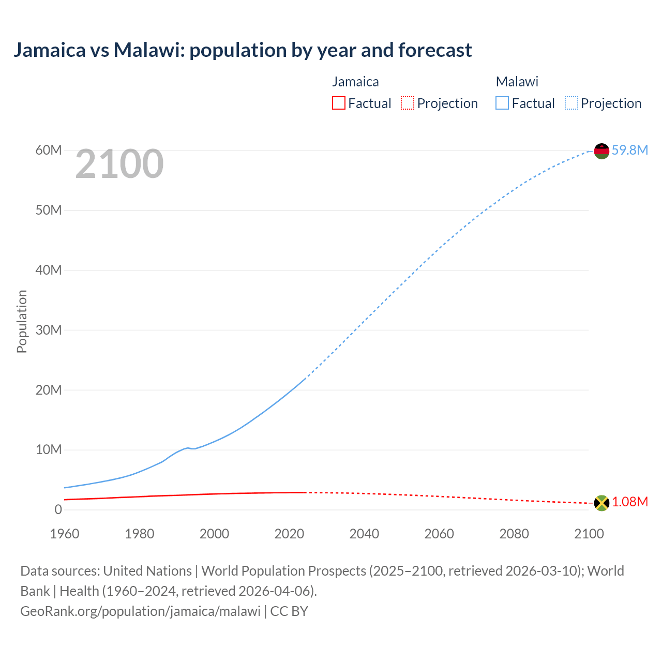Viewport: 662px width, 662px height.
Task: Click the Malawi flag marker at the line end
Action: (601, 151)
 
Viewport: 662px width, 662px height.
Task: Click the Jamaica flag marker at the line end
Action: (601, 503)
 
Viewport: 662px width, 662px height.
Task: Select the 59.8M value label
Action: (629, 150)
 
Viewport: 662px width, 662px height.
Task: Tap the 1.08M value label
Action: (630, 502)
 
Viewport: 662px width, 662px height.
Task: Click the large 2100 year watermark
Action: (119, 164)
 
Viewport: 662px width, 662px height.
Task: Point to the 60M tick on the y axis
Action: (49, 151)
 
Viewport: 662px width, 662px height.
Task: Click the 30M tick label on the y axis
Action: (49, 330)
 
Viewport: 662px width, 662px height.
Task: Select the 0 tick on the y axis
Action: (58, 509)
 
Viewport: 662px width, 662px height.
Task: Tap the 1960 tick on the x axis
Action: (65, 534)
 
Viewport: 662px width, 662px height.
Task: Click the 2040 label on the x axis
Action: (364, 534)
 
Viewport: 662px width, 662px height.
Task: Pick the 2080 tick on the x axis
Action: (514, 534)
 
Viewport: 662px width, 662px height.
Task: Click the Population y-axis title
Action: (22, 321)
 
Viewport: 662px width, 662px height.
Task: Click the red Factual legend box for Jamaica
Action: (338, 103)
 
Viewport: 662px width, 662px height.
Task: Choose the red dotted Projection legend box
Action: (408, 103)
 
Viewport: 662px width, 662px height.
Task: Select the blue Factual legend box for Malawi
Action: (502, 103)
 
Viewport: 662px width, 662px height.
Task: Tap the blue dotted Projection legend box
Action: (571, 103)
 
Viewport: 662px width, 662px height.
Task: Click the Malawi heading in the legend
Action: (517, 82)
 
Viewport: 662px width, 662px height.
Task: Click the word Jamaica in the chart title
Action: (49, 50)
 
